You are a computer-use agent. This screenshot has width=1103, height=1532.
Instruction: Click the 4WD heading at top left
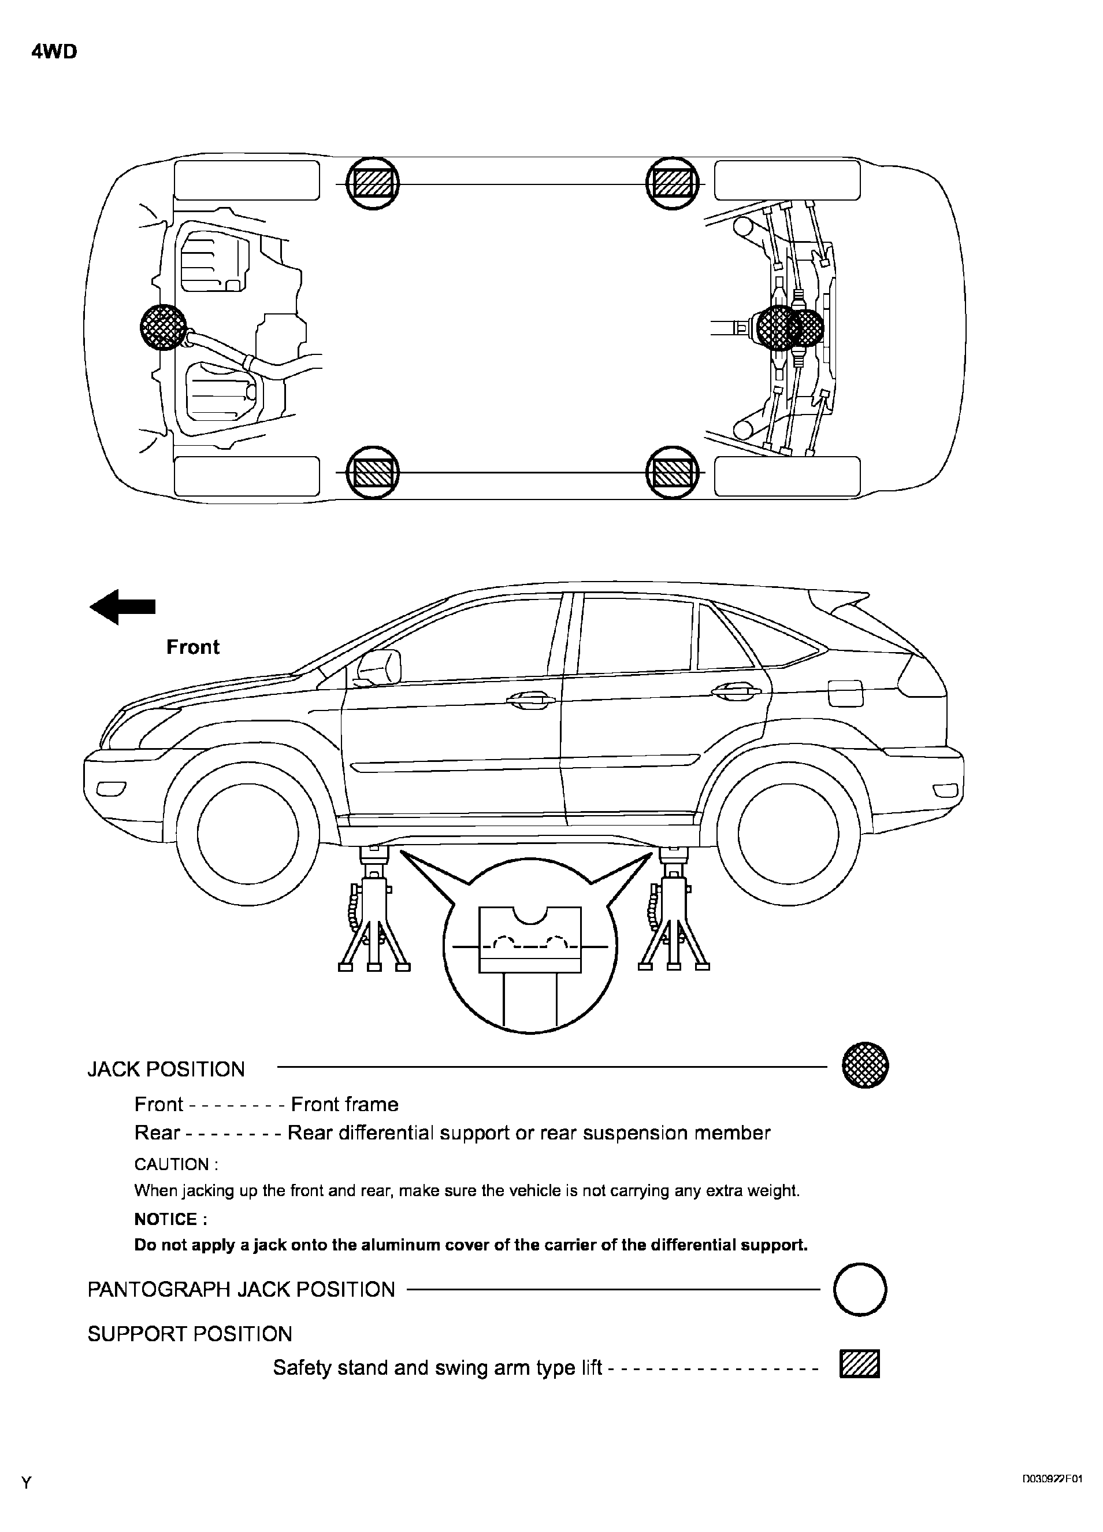54,52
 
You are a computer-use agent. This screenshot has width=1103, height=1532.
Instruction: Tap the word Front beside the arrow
192,647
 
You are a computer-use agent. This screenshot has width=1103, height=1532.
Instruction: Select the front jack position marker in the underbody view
164,327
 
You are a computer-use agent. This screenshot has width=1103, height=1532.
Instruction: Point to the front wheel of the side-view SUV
248,834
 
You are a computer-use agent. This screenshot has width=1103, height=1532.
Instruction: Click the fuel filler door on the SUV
845,693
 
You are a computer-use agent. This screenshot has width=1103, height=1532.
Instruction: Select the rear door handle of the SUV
736,691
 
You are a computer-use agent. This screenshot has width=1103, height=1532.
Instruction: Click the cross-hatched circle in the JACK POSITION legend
866,1065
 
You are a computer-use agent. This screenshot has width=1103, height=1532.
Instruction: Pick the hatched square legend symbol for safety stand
859,1363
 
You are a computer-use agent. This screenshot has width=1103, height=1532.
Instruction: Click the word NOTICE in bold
170,1219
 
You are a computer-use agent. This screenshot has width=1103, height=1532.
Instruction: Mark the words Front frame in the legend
344,1104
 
